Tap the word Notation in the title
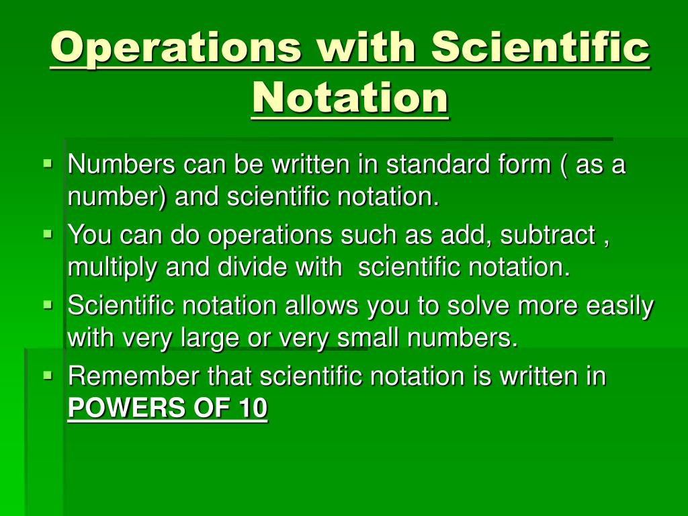350,97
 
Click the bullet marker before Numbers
47,163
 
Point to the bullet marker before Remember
47,375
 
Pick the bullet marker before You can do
47,234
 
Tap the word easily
619,306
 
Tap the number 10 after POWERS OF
252,408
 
